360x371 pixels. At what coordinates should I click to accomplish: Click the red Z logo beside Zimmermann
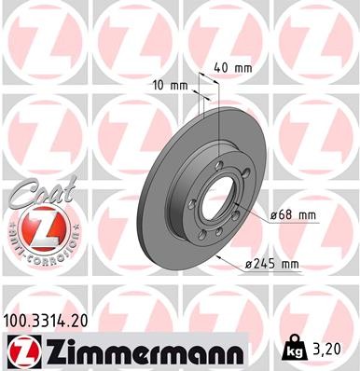coord(20,350)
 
